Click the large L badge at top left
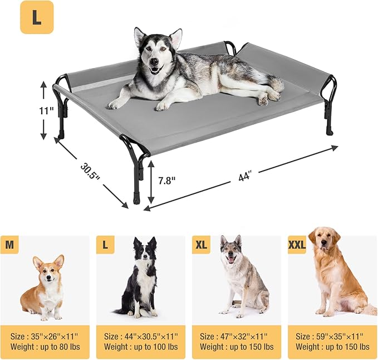(x=37, y=17)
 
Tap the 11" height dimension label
(x=47, y=111)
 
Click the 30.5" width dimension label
(x=90, y=171)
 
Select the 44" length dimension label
(x=245, y=177)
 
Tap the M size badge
(x=9, y=245)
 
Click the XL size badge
(x=201, y=245)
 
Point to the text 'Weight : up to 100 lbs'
(x=141, y=347)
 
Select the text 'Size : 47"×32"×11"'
(x=234, y=336)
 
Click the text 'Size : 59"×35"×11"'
(x=330, y=336)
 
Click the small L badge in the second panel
(x=105, y=245)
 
